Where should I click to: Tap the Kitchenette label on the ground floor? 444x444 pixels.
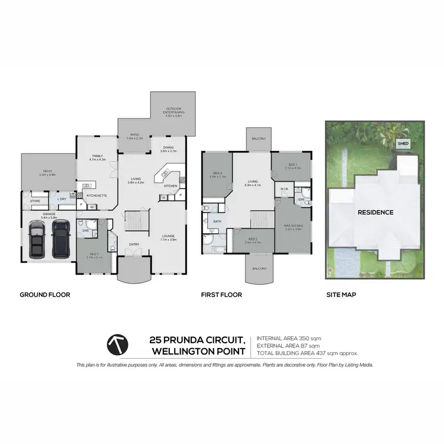(96, 195)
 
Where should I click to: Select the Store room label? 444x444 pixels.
(35, 201)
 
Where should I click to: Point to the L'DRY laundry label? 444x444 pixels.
(62, 199)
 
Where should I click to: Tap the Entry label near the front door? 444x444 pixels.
(134, 244)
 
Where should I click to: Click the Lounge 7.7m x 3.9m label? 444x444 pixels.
(169, 238)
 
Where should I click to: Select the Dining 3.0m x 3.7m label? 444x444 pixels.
(169, 150)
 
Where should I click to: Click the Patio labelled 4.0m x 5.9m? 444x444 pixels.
(47, 173)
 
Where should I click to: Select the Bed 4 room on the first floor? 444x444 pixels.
(218, 175)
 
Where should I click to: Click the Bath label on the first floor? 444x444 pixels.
(217, 222)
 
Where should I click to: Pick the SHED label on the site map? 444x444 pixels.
(403, 143)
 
